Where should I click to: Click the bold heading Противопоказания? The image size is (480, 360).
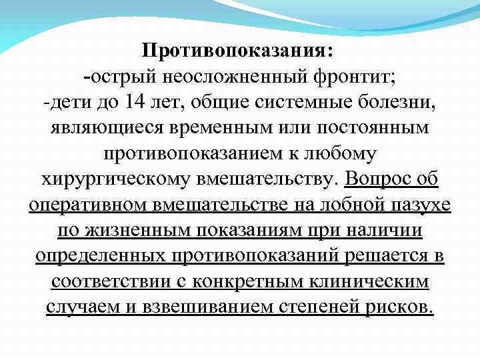pos(239,51)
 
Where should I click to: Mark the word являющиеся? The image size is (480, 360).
pos(102,127)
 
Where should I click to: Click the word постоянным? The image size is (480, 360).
pos(375,127)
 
